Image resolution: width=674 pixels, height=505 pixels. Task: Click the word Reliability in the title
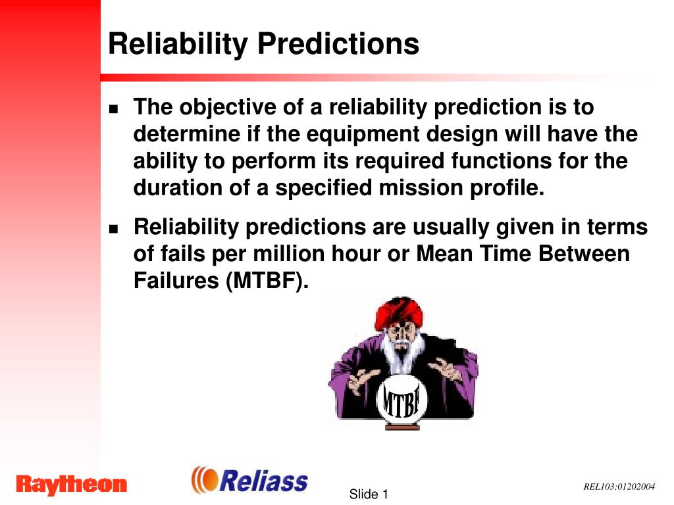click(178, 44)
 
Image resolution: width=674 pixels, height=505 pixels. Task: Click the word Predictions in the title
click(338, 44)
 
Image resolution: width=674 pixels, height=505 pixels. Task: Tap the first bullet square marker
click(113, 108)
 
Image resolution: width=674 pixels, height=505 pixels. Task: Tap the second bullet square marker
click(113, 228)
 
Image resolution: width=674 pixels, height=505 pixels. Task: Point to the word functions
click(501, 161)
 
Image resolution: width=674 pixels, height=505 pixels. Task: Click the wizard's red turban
click(398, 312)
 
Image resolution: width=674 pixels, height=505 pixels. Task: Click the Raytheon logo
click(71, 485)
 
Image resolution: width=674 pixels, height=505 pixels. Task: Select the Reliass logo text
click(263, 481)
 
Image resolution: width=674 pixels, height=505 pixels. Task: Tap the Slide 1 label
click(369, 494)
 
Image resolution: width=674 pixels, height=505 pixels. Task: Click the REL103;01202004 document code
click(619, 487)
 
